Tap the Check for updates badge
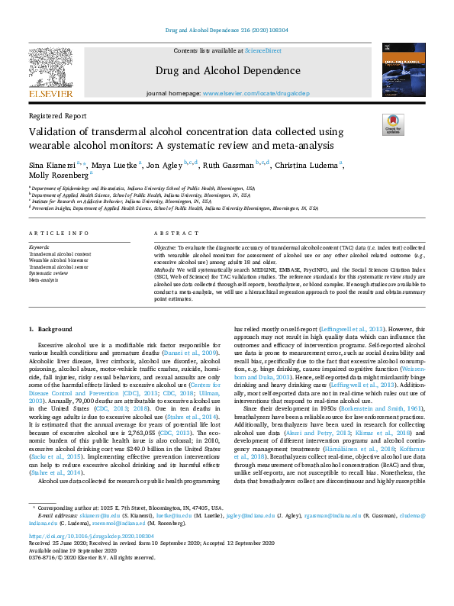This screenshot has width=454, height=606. [x=392, y=124]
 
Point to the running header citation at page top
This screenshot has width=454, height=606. [x=227, y=31]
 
